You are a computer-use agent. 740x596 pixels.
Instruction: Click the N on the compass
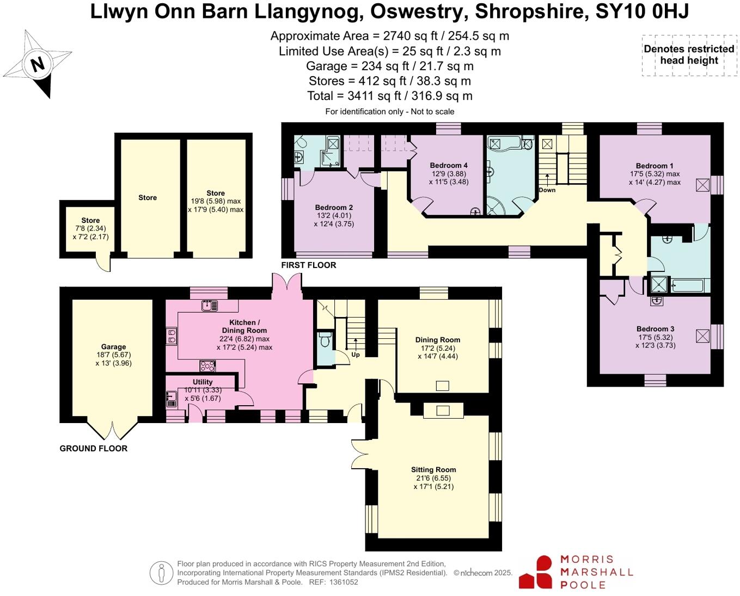(x=38, y=64)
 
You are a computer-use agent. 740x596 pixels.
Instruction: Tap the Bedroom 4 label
(x=449, y=165)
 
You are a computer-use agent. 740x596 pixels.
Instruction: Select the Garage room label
(x=113, y=346)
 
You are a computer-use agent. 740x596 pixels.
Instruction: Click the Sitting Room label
(x=433, y=470)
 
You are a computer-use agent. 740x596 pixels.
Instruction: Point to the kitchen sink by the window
(x=210, y=305)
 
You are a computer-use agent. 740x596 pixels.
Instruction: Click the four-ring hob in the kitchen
(x=207, y=366)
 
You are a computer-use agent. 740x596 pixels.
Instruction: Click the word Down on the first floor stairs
(x=547, y=190)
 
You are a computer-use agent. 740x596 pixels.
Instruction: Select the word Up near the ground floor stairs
(x=356, y=354)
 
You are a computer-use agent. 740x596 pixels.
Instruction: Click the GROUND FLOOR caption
(x=94, y=448)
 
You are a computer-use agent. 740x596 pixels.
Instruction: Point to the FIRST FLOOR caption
(x=308, y=265)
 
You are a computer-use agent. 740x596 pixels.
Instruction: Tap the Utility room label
(x=203, y=382)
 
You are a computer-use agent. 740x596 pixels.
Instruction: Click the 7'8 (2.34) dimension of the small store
(x=91, y=228)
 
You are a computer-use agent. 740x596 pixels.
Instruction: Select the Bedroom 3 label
(x=656, y=329)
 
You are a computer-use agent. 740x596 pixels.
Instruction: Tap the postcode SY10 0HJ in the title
(x=642, y=11)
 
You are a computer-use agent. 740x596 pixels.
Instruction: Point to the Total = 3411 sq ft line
(x=389, y=96)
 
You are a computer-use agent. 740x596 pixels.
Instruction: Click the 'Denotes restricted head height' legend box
(x=689, y=55)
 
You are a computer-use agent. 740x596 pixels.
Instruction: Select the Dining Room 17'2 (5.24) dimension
(x=438, y=348)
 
